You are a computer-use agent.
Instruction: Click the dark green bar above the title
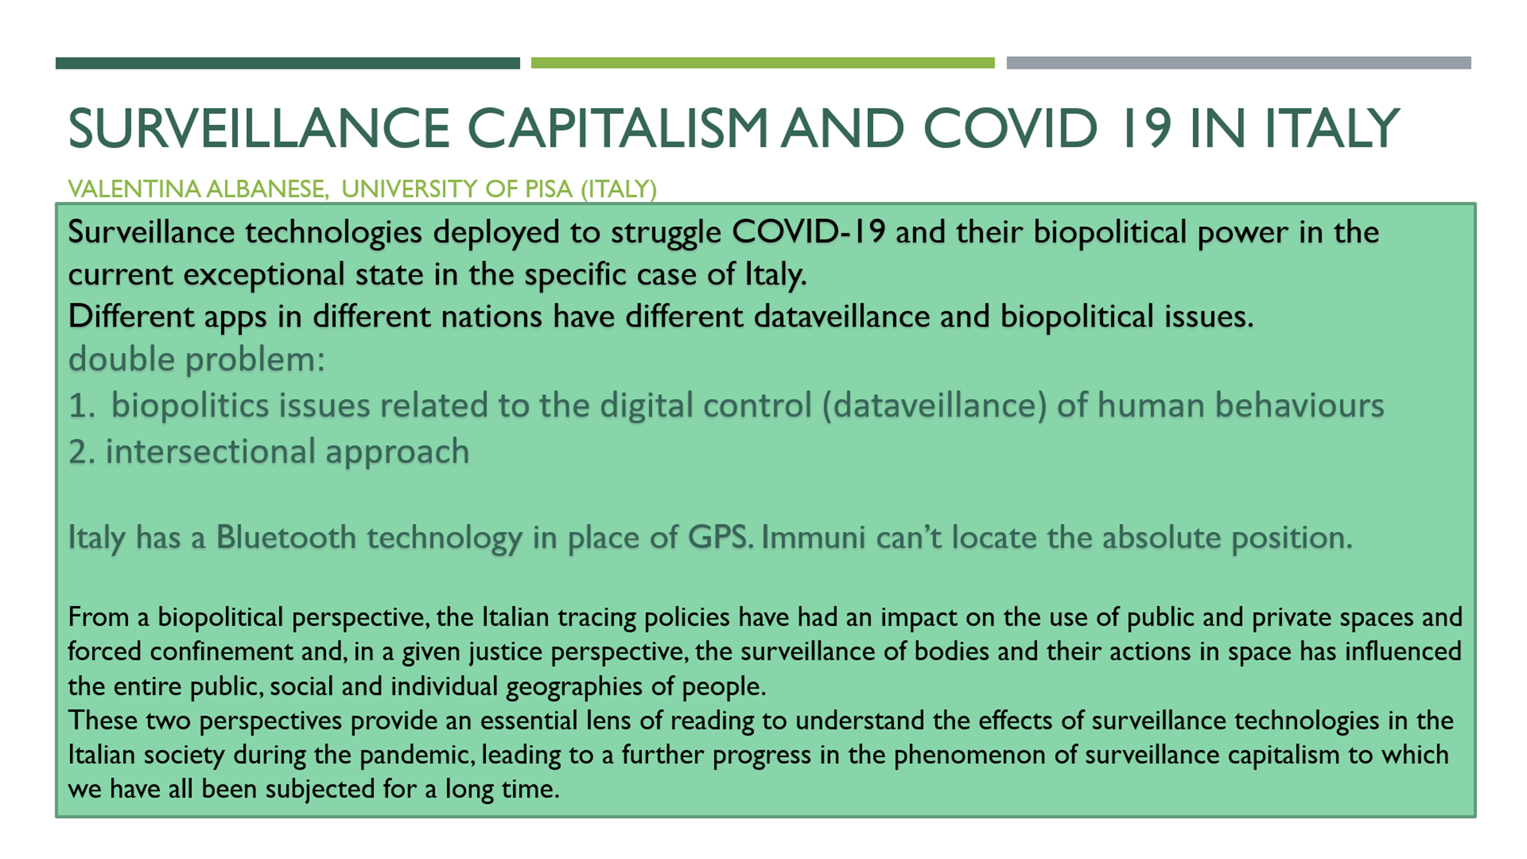tap(287, 63)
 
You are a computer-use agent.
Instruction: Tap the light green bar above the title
tap(763, 63)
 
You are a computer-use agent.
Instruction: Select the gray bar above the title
tap(1239, 63)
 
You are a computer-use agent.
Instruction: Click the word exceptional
tap(264, 274)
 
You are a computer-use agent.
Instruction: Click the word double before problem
tap(122, 359)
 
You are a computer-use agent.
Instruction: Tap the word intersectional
tap(210, 452)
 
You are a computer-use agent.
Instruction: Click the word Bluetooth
tap(286, 538)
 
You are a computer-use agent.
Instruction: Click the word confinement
tap(221, 652)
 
